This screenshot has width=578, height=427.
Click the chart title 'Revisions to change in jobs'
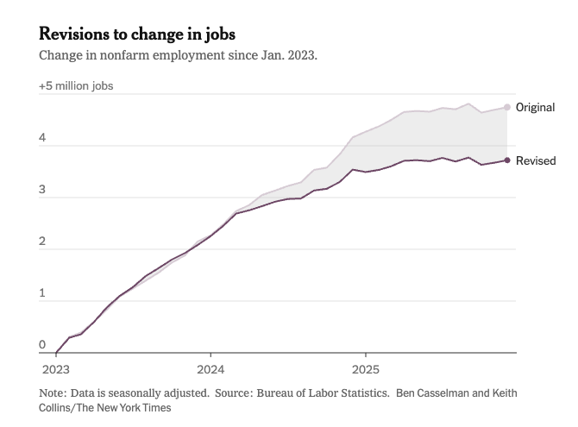tap(137, 35)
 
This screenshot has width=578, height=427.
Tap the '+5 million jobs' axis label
tap(76, 86)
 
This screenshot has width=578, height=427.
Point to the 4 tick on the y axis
tap(42, 138)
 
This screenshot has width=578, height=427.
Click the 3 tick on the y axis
tap(42, 190)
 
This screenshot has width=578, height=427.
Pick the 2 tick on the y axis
tap(42, 242)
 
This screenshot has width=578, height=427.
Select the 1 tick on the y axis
tap(42, 293)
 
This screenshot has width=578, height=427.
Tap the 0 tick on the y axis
tap(42, 345)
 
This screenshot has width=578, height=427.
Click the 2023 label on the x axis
tap(56, 366)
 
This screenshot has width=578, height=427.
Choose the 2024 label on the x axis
tap(210, 366)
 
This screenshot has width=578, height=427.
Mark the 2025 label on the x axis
tap(365, 366)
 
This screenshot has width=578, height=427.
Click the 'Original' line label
tap(536, 108)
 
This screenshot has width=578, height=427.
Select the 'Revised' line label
tap(536, 160)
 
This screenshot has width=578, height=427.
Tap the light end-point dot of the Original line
tap(507, 108)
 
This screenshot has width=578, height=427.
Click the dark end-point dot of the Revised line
tap(507, 160)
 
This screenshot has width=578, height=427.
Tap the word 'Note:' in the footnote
tap(53, 392)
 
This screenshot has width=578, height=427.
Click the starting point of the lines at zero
tap(56, 353)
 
